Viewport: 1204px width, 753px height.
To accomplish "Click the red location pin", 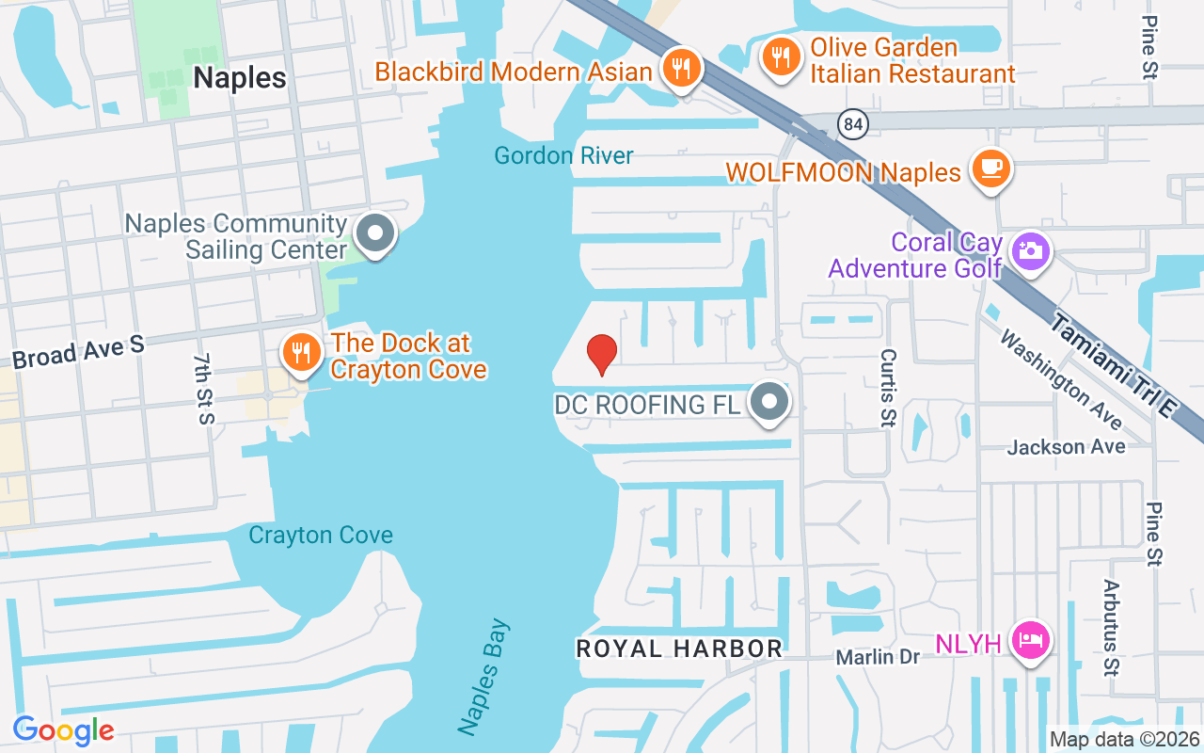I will tap(602, 354).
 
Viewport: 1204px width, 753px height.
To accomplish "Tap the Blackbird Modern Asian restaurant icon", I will tap(677, 68).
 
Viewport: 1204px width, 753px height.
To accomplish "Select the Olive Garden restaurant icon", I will tap(780, 56).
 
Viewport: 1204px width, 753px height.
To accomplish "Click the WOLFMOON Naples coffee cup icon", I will tap(990, 168).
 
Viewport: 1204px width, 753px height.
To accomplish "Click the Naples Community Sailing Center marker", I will tap(376, 232).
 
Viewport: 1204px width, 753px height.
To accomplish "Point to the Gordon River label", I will tap(564, 155).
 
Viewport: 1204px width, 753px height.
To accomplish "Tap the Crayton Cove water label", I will tap(321, 536).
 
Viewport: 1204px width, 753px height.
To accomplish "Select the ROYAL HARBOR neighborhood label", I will tap(679, 649).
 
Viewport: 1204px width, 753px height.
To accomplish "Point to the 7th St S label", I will tap(203, 389).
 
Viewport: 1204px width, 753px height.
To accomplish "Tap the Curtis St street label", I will tap(886, 388).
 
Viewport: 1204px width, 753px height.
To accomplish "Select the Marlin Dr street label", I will tap(878, 657).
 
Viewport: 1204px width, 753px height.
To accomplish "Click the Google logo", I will tap(63, 730).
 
